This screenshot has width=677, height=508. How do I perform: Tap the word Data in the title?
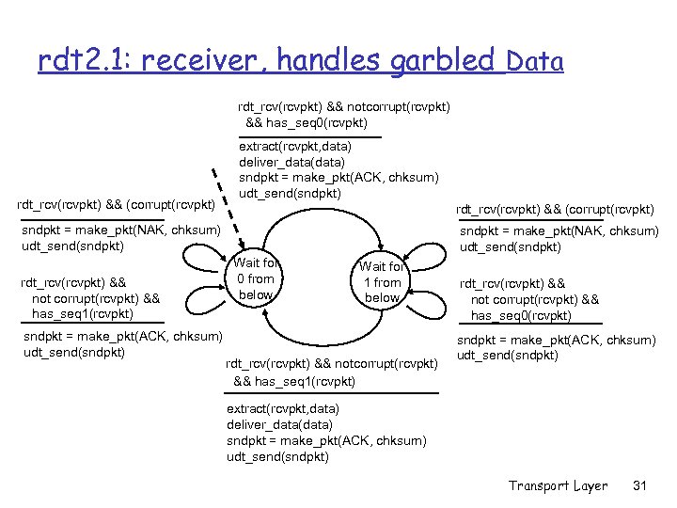[x=534, y=63]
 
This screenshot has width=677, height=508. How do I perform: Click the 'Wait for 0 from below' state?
[x=255, y=279]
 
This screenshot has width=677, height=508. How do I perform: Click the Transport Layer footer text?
[x=558, y=485]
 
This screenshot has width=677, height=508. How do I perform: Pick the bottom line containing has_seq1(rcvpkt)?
[x=294, y=381]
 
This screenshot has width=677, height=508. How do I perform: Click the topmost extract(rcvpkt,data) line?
[x=295, y=147]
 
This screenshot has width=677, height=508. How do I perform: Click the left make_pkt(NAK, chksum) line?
[x=121, y=230]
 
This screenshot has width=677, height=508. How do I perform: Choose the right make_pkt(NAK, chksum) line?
[x=559, y=231]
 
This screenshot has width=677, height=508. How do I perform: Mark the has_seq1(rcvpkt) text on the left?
[x=83, y=313]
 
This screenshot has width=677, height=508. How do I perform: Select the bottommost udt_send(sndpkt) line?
[x=277, y=457]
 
